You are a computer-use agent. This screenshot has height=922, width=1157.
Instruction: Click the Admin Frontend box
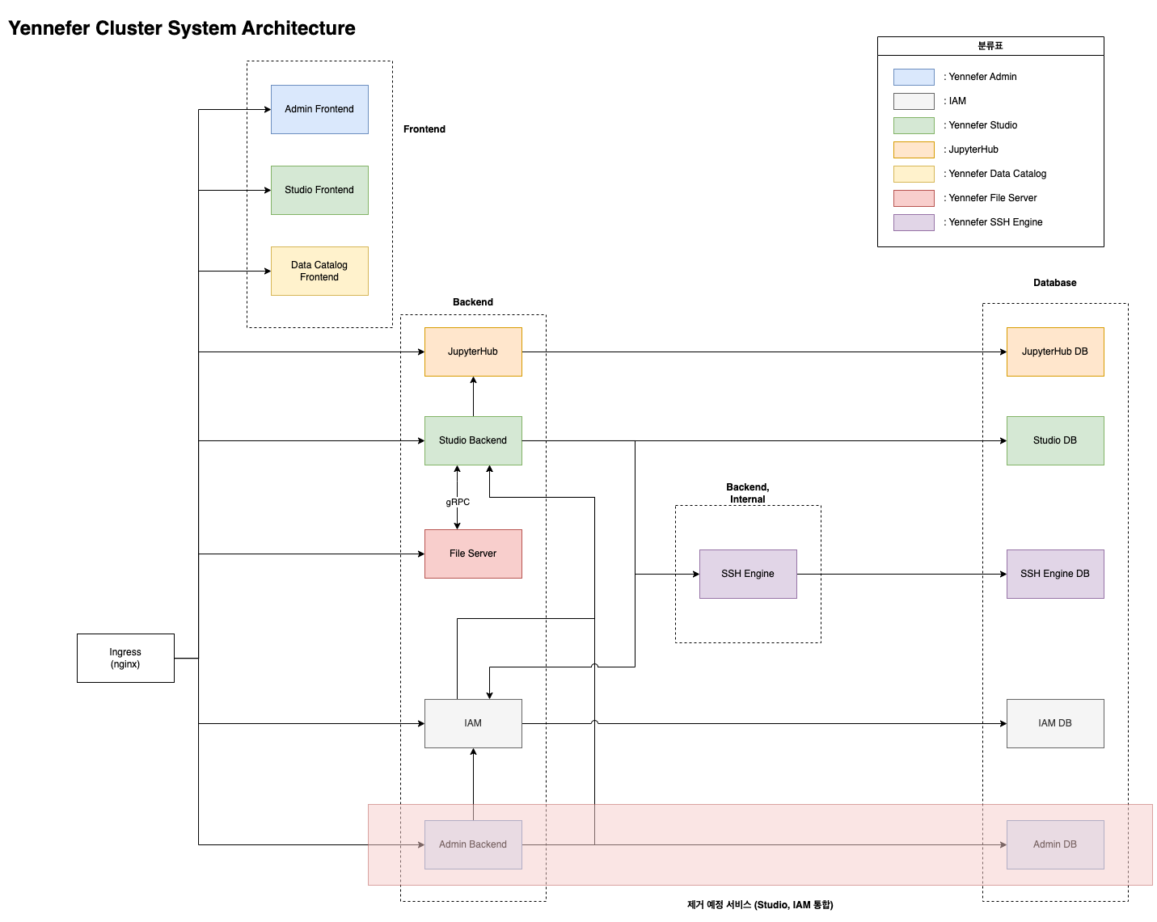pos(319,110)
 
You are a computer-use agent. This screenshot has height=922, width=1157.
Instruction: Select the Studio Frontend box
pos(319,191)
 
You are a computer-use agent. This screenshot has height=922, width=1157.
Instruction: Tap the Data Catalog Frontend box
pos(319,272)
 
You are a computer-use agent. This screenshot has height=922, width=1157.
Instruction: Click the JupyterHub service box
pos(473,352)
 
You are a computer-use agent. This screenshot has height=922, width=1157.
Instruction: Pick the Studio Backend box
pos(473,441)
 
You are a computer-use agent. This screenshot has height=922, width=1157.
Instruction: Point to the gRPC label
pos(458,503)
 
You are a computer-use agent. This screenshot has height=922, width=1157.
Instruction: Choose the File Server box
pos(473,554)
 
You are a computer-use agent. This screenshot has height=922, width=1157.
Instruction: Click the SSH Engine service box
pos(748,575)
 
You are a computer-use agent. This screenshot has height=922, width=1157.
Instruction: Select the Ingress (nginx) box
pos(125,659)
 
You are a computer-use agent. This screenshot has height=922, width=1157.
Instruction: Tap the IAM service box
pos(473,724)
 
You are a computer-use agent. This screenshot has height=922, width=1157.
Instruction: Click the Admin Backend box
pos(473,845)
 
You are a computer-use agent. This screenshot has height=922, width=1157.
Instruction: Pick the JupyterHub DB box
pos(1055,352)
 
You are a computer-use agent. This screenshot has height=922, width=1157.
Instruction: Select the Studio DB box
pos(1055,441)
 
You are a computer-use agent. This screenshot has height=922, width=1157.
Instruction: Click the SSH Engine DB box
pos(1055,575)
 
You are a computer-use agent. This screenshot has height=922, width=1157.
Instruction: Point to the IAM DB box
pos(1055,724)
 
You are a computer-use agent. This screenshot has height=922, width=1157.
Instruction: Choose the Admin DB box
pos(1055,845)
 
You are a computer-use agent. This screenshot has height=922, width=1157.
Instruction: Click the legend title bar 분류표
pos(990,46)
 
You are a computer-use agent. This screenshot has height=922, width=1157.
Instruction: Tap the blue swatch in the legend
pos(914,78)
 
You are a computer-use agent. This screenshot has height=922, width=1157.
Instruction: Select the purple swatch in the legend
pos(914,223)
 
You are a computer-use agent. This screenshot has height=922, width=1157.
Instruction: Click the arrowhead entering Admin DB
pos(1003,845)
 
